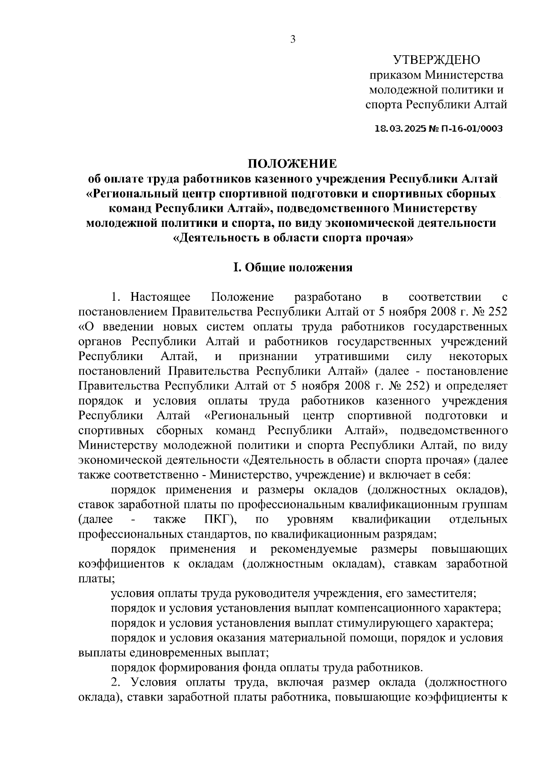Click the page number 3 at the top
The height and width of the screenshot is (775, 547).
pos(293,40)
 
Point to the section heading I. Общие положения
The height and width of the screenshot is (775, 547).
pos(293,267)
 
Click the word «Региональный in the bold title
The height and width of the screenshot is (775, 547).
pos(129,194)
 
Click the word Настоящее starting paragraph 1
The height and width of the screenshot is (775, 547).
pos(160,298)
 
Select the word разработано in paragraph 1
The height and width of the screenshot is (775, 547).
pos(328,298)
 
